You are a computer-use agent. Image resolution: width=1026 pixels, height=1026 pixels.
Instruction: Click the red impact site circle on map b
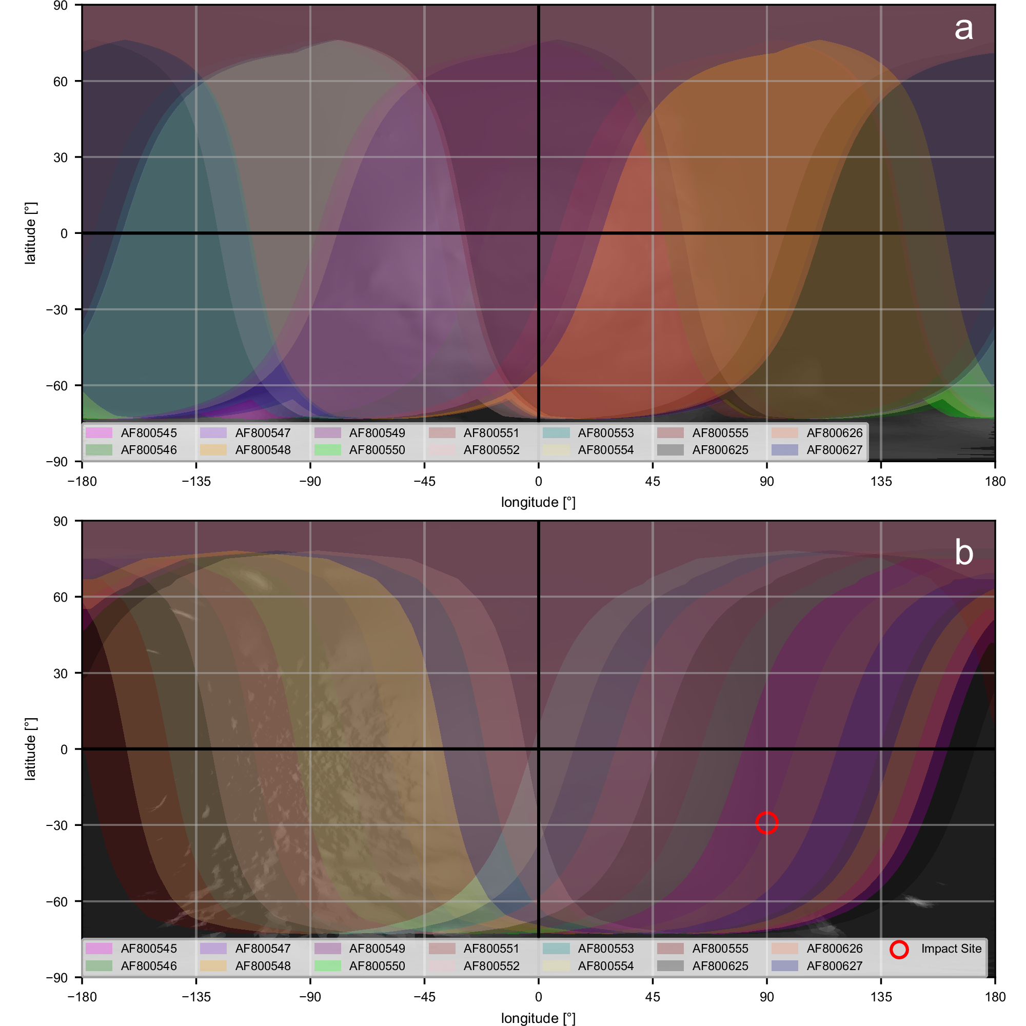[x=766, y=823]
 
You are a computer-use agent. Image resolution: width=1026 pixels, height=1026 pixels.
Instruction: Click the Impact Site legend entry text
[x=951, y=949]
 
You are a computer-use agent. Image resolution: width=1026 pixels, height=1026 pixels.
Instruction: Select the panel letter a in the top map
[x=963, y=29]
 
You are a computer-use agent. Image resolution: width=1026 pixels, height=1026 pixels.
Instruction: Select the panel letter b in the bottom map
[x=964, y=553]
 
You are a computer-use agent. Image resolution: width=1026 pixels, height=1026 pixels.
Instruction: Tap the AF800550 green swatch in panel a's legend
[x=328, y=450]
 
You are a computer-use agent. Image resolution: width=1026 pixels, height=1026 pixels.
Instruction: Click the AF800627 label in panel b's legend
[x=834, y=965]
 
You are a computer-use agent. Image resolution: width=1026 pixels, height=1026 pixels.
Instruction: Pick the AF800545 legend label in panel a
[x=149, y=433]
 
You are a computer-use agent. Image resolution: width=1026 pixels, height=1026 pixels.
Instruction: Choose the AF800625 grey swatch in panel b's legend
[x=670, y=965]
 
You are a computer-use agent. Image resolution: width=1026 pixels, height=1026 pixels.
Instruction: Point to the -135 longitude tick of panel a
[x=196, y=481]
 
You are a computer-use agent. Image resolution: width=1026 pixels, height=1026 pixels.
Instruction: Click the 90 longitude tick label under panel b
[x=766, y=997]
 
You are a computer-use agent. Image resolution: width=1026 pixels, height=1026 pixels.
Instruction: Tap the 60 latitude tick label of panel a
[x=61, y=81]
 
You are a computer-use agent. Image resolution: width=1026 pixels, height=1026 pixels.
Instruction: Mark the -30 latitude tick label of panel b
[x=57, y=825]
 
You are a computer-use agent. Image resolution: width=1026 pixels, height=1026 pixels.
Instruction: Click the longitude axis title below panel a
[x=538, y=502]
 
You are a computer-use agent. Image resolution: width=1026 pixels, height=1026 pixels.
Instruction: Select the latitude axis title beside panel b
[x=30, y=749]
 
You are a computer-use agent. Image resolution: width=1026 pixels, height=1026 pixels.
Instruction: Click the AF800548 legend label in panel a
[x=263, y=450]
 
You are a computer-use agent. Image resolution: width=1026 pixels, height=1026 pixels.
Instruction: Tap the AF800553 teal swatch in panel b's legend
[x=556, y=949]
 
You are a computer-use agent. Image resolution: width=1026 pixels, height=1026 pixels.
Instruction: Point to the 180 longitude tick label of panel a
[x=995, y=481]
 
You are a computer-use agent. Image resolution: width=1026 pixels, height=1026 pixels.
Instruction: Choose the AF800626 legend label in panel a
[x=834, y=433]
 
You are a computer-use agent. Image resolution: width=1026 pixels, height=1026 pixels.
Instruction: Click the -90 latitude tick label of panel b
[x=57, y=978]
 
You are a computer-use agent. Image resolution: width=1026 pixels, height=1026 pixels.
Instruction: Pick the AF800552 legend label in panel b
[x=491, y=965]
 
